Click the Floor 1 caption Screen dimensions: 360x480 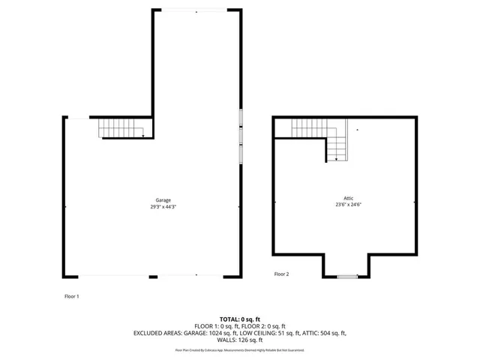tap(71, 296)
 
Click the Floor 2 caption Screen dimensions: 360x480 tap(281, 274)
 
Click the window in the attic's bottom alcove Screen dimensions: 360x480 tap(346, 277)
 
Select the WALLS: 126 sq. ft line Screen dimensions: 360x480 tap(239, 340)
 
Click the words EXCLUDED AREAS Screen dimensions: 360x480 tap(158, 333)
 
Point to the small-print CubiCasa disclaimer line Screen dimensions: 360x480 tap(239, 349)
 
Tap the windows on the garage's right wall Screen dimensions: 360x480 tap(241, 136)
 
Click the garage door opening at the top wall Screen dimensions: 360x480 tap(196, 10)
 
